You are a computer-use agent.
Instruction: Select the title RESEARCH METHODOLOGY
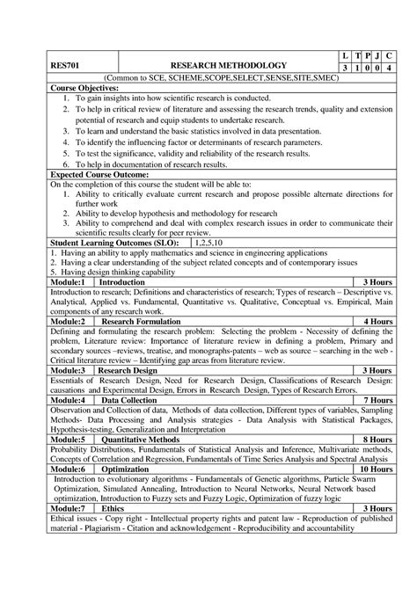(x=228, y=66)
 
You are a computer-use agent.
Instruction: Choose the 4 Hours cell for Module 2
(x=377, y=322)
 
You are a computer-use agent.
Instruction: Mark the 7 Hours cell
(x=377, y=399)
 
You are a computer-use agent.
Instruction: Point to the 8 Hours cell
(x=377, y=438)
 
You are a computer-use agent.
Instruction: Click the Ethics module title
(x=113, y=508)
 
